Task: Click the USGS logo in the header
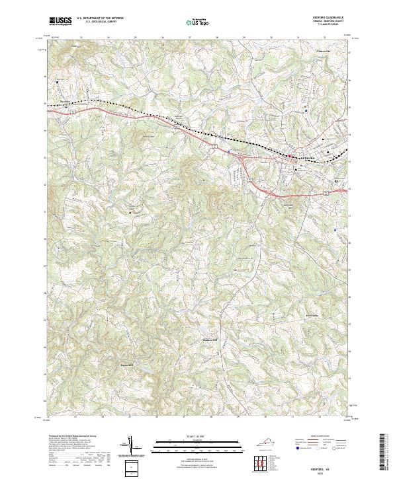coord(61,21)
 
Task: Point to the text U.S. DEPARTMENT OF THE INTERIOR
coord(100,18)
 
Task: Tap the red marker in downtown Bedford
coord(289,156)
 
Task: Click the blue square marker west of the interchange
coord(228,151)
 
